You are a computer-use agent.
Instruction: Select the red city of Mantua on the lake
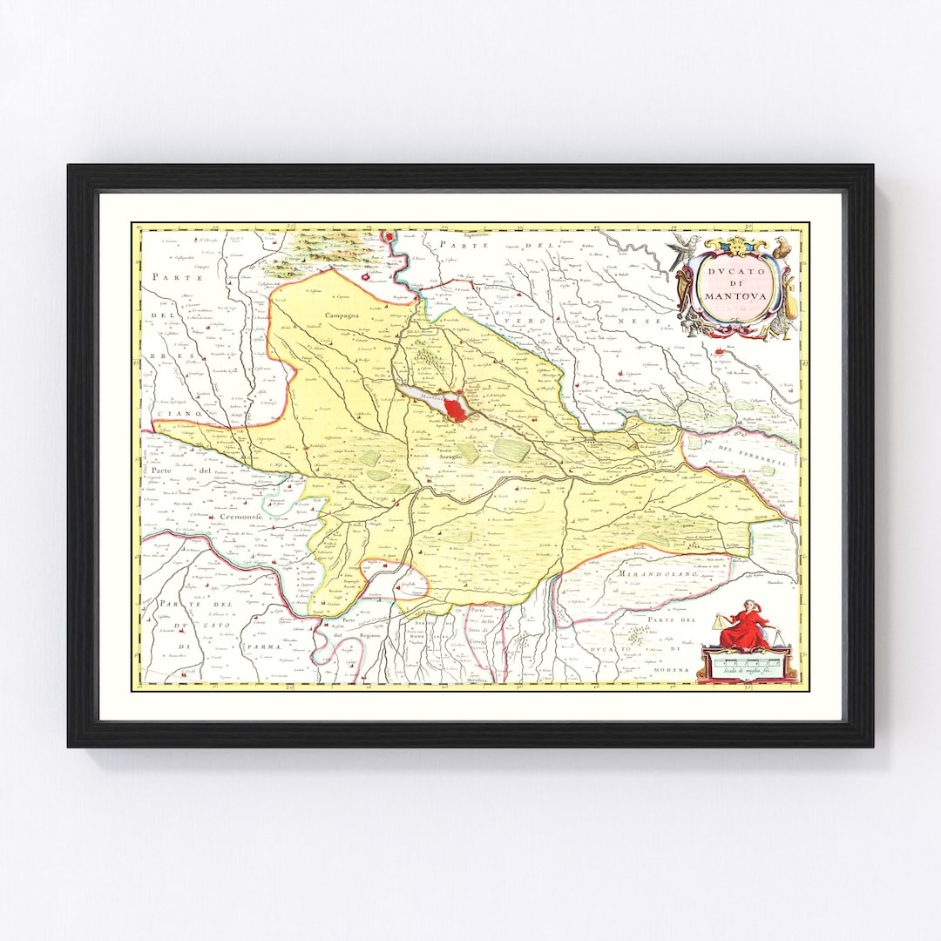click(x=454, y=409)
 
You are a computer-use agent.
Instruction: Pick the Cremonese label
click(x=240, y=518)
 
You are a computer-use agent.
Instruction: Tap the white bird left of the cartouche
click(x=684, y=249)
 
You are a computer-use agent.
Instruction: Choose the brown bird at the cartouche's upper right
click(x=782, y=247)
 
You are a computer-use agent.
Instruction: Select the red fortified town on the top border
click(x=389, y=237)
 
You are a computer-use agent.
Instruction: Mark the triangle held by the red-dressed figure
click(x=718, y=621)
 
